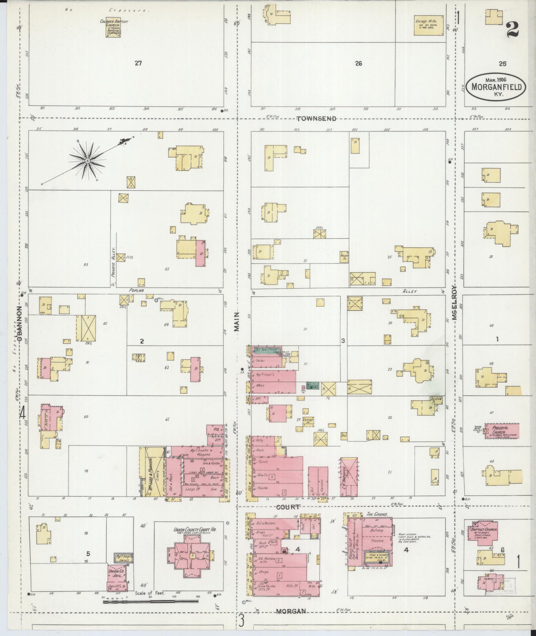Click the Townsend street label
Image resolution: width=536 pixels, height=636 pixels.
coord(316,119)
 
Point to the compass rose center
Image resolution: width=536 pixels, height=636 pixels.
coord(87,161)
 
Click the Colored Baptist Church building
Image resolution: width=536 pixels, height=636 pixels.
coord(113,27)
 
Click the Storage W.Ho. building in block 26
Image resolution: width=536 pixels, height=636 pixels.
coord(428,25)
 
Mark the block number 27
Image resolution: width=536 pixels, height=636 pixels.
coord(138,63)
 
